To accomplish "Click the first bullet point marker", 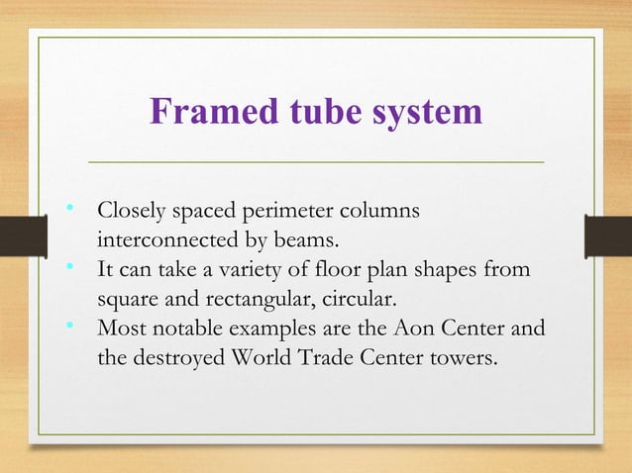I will click(69, 209).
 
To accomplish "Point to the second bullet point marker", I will click(69, 266).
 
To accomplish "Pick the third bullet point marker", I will click(69, 324).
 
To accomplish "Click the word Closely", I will click(131, 212).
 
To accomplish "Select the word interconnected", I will click(159, 240).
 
